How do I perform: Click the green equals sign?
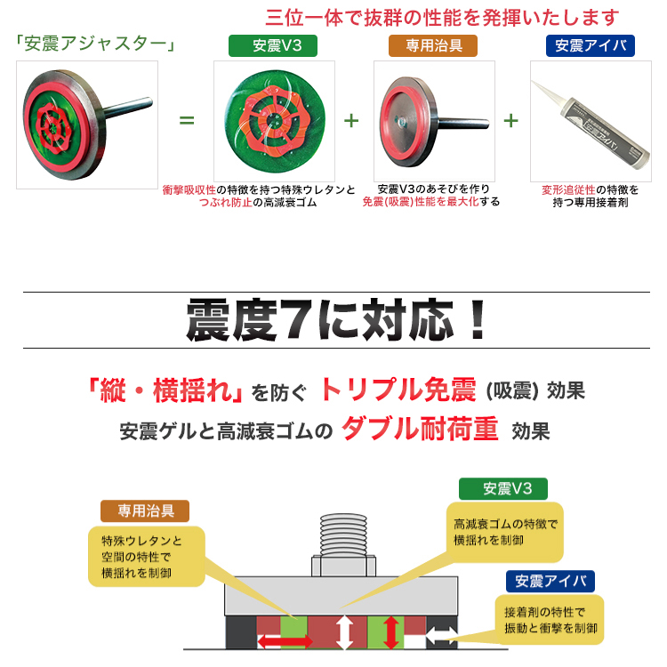187,120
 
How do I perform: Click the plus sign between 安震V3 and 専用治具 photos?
351,121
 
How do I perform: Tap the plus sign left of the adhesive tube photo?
510,121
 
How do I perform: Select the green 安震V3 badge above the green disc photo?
273,45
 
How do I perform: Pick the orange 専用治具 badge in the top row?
433,45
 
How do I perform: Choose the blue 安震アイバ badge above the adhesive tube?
591,45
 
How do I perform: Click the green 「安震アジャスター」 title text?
95,44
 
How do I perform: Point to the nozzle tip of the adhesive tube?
534,83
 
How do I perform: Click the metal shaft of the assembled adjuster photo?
127,108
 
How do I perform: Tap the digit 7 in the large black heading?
298,320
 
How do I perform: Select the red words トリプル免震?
398,390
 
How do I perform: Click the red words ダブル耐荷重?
420,429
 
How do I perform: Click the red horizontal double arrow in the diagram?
285,641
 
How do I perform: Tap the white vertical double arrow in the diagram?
344,632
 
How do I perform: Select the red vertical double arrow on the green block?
391,632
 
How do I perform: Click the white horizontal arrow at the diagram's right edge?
441,637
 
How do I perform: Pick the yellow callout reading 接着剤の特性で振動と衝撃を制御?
550,620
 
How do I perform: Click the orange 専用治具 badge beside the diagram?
145,510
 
